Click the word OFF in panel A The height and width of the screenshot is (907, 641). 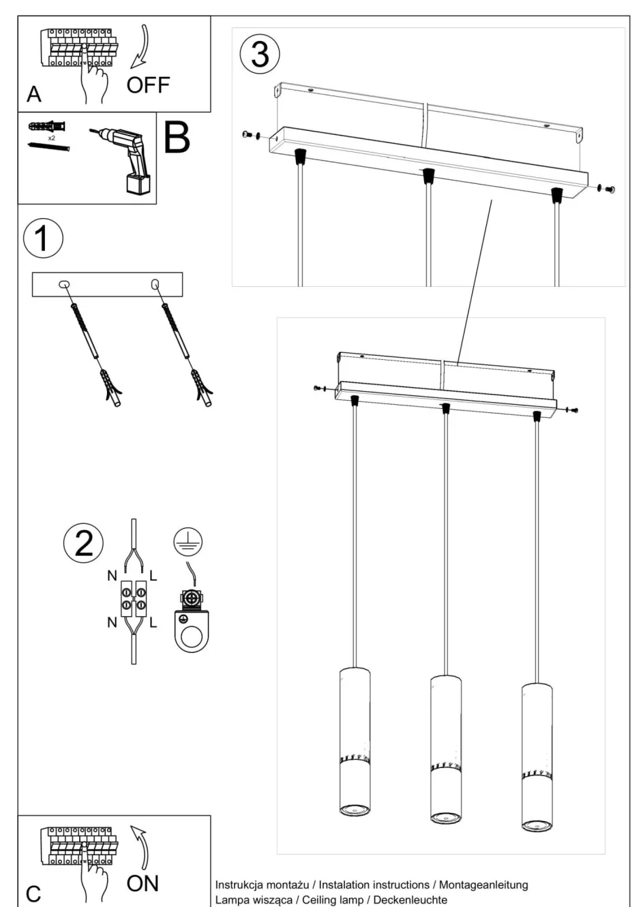click(x=148, y=85)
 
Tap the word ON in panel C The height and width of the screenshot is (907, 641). click(x=143, y=883)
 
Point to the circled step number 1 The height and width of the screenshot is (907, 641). click(x=42, y=239)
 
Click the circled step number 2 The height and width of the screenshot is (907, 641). click(x=83, y=543)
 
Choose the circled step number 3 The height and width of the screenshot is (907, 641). click(x=260, y=54)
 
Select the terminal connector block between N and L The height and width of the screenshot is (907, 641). click(x=133, y=598)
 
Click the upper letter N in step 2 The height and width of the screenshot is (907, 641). click(x=112, y=576)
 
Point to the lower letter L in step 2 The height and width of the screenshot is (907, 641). click(x=153, y=622)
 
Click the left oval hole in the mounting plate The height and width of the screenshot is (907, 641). click(x=63, y=283)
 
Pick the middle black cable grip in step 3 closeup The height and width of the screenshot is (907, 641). click(x=428, y=176)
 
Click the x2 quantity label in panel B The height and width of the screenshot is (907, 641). click(x=51, y=138)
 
